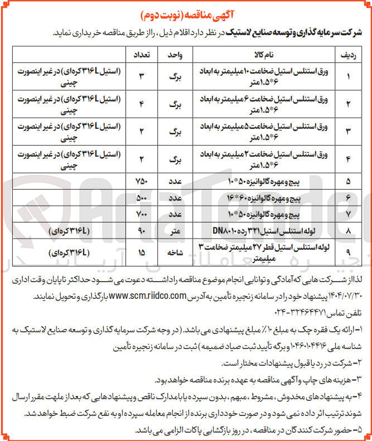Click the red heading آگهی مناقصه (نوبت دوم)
click(x=186, y=12)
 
